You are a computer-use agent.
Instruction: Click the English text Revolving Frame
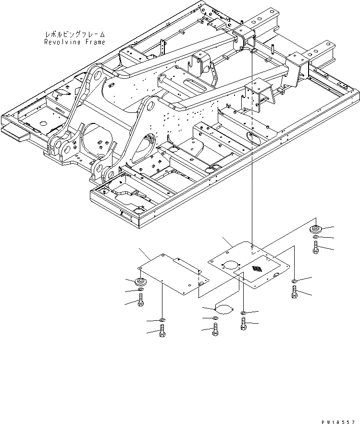pyautogui.click(x=74, y=42)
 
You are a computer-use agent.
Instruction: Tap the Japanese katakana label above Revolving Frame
pyautogui.click(x=74, y=35)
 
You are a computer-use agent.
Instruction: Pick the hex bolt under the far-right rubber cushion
pyautogui.click(x=315, y=248)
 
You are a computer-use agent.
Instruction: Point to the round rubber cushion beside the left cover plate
pyautogui.click(x=142, y=281)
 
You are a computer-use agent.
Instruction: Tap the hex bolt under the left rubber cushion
pyautogui.click(x=141, y=301)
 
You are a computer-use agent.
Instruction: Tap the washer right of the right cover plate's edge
pyautogui.click(x=294, y=281)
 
